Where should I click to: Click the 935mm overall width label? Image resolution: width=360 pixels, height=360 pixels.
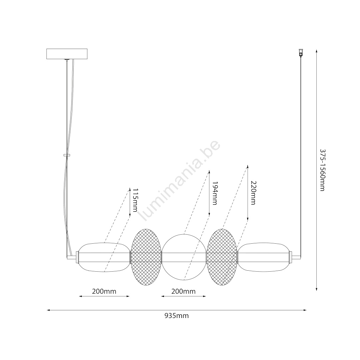coord(177,316)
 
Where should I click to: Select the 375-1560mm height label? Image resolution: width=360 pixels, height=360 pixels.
coord(323,170)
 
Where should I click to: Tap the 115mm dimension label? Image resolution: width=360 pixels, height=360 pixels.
coord(135,200)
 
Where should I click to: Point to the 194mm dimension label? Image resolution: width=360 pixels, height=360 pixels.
coord(215,193)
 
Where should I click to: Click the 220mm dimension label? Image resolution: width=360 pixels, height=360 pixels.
coord(253,193)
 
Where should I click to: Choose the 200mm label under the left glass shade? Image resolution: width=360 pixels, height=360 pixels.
coord(104,291)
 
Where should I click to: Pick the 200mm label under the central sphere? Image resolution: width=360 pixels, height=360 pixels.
coord(183,291)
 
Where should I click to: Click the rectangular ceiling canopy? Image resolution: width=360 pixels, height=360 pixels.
coord(67,54)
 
